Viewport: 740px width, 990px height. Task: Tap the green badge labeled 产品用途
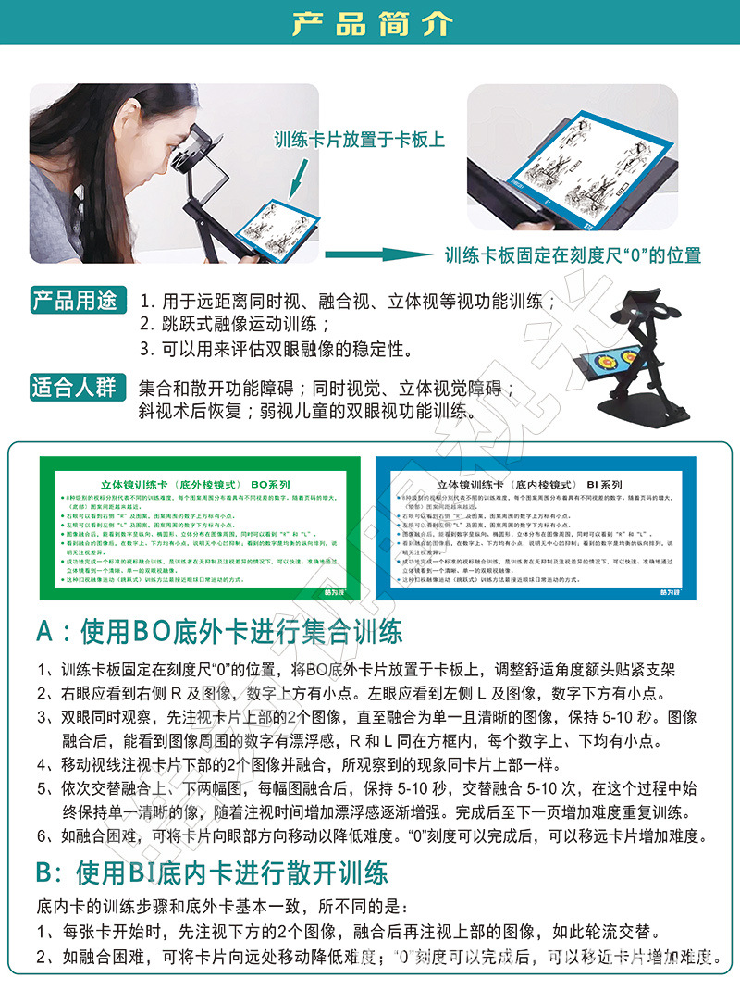[75, 301]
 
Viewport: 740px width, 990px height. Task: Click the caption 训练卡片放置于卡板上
[359, 141]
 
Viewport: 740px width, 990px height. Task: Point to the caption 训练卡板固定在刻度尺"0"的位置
[573, 254]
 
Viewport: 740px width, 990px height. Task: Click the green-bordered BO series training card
[201, 527]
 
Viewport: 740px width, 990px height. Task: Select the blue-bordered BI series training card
[536, 527]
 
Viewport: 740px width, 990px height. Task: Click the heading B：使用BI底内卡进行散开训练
[213, 872]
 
